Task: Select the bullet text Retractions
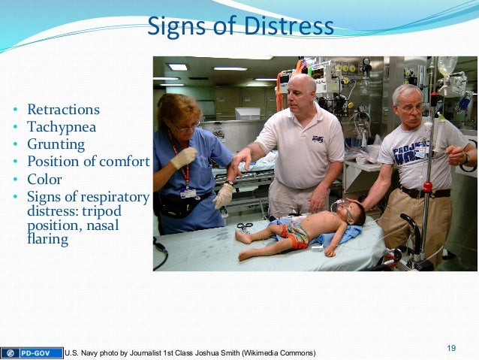tap(63, 110)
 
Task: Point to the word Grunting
tap(56, 144)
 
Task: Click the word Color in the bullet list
tap(44, 180)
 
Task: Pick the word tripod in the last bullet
tap(100, 211)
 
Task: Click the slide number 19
tap(451, 347)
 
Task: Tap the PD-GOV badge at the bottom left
tap(31, 352)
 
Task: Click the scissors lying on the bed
tap(245, 226)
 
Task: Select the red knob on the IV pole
tap(427, 186)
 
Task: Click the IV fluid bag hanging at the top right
tap(448, 77)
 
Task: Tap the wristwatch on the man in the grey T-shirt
tap(465, 159)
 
